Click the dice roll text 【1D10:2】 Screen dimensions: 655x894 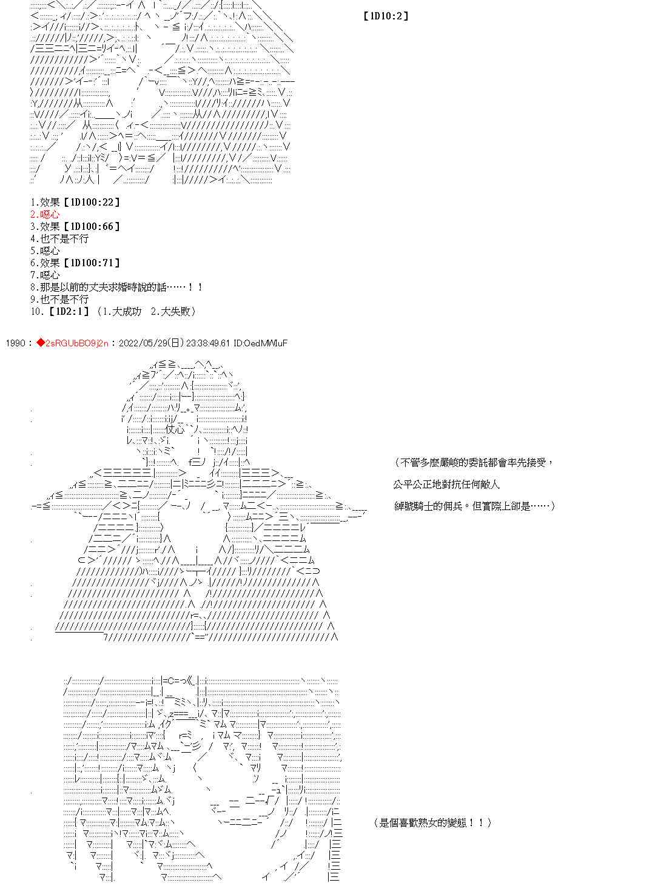tap(386, 16)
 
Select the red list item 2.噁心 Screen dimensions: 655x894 tap(45, 214)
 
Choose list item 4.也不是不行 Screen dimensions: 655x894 tap(59, 238)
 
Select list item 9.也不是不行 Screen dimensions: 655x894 tap(59, 299)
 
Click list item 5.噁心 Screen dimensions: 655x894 tap(45, 250)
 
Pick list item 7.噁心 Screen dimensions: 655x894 tap(45, 275)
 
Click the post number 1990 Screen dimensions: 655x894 tap(15, 343)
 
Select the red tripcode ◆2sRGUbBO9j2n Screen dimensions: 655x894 tap(72, 343)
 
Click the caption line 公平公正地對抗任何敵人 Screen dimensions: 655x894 tap(446, 484)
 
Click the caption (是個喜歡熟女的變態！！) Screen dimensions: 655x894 tap(433, 822)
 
